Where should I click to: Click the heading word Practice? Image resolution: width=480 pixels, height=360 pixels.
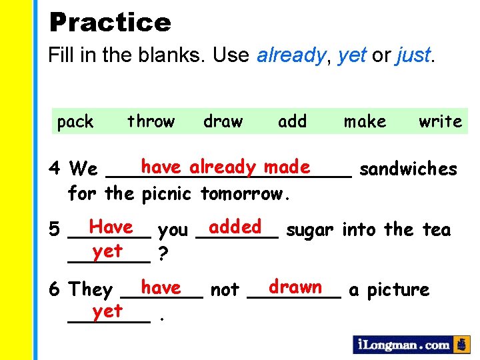coord(110,23)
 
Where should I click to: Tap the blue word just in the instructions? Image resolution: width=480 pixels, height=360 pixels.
coord(413,56)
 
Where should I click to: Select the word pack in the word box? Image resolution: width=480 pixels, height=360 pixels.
coord(75,121)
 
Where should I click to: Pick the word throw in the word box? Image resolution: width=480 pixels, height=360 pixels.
coord(151,121)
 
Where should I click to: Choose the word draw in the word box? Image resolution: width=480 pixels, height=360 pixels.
coord(223,121)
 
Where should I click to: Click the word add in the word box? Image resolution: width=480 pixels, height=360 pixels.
coord(292,121)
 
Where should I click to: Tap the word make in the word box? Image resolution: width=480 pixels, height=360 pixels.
coord(365,121)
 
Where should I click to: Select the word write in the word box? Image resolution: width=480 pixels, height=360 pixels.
coord(440,121)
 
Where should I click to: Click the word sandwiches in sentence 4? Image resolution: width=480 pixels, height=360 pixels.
coord(408,169)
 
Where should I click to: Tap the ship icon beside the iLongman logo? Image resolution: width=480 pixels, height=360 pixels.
coord(461,345)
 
